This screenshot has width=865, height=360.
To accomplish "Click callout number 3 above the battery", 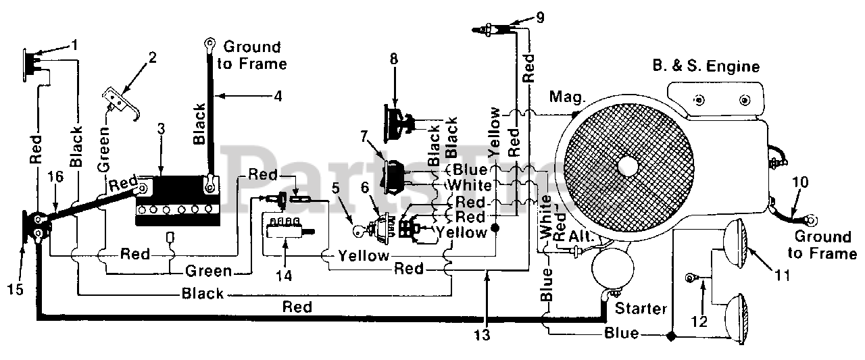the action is tap(161, 128).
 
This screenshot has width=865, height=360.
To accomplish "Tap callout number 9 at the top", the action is tap(540, 18).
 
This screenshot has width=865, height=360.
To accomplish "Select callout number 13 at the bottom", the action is tap(483, 335).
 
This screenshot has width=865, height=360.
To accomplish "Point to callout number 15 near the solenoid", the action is tap(16, 289).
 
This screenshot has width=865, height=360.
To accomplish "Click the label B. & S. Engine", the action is tap(706, 66).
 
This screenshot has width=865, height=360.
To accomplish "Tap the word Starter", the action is tap(641, 308).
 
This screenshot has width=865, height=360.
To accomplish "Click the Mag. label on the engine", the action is tap(566, 97).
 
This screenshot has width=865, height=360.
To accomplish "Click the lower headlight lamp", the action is tap(737, 319).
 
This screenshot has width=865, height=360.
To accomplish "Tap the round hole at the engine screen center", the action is tap(628, 167).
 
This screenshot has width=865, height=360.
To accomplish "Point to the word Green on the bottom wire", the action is tap(209, 271).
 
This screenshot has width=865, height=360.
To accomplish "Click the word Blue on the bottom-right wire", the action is tap(621, 333).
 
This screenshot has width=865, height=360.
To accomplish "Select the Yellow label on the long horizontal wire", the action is tap(364, 255).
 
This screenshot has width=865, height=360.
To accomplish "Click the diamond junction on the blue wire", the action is tap(671, 336).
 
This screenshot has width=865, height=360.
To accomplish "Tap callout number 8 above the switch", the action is tap(393, 59).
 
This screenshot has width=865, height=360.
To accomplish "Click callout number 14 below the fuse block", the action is tap(284, 276).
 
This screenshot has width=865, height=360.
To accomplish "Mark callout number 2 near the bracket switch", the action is tap(153, 57).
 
